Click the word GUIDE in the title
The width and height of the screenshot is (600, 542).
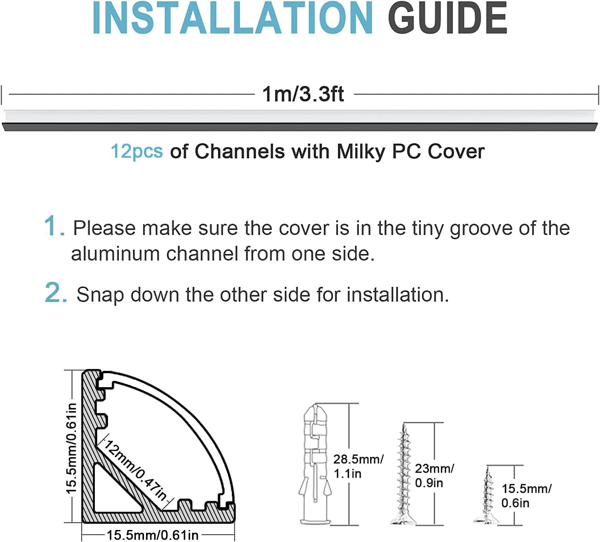point(448,18)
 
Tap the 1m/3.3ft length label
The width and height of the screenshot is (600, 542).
point(303,94)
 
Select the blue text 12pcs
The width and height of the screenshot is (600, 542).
point(137,151)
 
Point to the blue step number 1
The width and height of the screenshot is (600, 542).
point(54,226)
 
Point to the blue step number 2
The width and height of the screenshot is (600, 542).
point(56,292)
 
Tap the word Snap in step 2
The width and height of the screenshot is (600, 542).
point(100,295)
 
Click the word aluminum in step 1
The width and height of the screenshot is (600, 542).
point(115,254)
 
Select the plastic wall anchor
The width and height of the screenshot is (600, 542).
point(315,464)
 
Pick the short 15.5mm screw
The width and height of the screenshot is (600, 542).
point(487,496)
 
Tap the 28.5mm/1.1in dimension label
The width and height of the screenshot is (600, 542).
point(358,466)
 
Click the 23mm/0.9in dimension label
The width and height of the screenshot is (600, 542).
point(434,476)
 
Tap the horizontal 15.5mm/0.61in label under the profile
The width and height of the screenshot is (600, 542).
point(152,535)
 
